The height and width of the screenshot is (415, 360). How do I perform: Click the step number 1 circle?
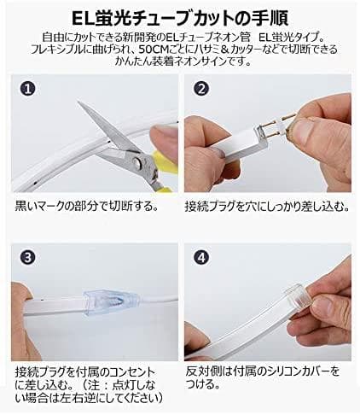[x=29, y=88]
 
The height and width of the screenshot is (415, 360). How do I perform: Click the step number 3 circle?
[x=29, y=254]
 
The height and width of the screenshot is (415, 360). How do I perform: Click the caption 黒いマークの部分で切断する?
[x=85, y=207]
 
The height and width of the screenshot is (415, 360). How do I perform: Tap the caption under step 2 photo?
[x=265, y=207]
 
